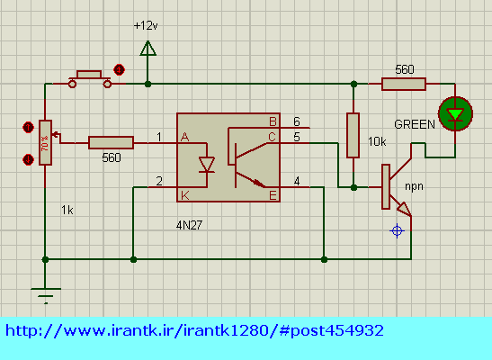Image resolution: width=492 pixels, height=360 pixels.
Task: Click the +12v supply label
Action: (x=146, y=25)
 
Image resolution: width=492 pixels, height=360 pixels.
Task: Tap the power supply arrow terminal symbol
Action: (x=148, y=49)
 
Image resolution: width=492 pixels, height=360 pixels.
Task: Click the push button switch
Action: (x=90, y=79)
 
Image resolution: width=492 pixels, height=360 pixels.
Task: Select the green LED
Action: (x=455, y=113)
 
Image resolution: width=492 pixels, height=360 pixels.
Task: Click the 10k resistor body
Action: (x=353, y=135)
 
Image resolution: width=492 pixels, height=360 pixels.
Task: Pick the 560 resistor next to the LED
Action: (x=404, y=84)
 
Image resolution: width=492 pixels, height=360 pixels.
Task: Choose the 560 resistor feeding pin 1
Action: (x=111, y=142)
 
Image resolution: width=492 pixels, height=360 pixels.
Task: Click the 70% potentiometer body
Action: (x=45, y=142)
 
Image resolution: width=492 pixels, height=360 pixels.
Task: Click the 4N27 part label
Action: (x=189, y=225)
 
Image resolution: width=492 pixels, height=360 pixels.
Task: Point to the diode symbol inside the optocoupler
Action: (x=207, y=165)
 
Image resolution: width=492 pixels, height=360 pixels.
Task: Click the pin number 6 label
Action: (x=297, y=121)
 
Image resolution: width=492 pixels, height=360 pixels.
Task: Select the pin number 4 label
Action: (x=297, y=181)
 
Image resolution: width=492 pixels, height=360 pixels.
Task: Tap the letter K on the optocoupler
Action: (x=184, y=195)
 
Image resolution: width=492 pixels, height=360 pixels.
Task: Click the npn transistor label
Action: (x=414, y=186)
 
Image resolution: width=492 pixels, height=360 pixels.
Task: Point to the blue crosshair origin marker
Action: (x=397, y=231)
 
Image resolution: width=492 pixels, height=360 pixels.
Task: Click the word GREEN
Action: (x=415, y=124)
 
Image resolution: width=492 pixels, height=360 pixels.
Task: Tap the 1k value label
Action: (x=67, y=210)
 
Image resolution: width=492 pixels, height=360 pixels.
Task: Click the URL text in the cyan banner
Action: (x=194, y=330)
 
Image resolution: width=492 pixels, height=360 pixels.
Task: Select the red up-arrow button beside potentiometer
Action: (x=28, y=128)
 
